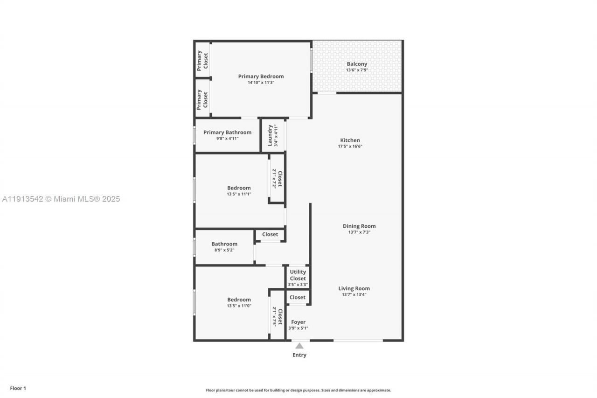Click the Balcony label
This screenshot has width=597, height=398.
pyautogui.click(x=357, y=64)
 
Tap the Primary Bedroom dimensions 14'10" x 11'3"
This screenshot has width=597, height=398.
pyautogui.click(x=261, y=83)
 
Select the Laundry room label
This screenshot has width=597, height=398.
pyautogui.click(x=270, y=135)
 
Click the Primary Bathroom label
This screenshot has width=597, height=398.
pyautogui.click(x=227, y=133)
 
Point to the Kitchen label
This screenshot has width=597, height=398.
pyautogui.click(x=350, y=140)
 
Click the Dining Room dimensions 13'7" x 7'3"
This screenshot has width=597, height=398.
pyautogui.click(x=359, y=232)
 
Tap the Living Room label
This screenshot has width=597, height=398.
pyautogui.click(x=354, y=288)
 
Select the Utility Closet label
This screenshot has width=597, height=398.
pyautogui.click(x=298, y=275)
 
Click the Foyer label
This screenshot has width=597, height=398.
pyautogui.click(x=298, y=322)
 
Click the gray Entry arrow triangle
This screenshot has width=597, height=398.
pyautogui.click(x=299, y=346)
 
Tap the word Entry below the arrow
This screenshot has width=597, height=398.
pyautogui.click(x=299, y=355)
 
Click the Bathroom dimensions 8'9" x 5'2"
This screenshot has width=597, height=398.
pyautogui.click(x=224, y=250)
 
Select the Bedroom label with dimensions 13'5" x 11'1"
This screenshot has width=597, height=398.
pyautogui.click(x=239, y=188)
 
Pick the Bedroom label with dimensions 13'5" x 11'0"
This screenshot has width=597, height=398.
pyautogui.click(x=239, y=300)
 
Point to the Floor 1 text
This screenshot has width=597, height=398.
pyautogui.click(x=18, y=388)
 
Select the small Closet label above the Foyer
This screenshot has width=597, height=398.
pyautogui.click(x=298, y=297)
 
